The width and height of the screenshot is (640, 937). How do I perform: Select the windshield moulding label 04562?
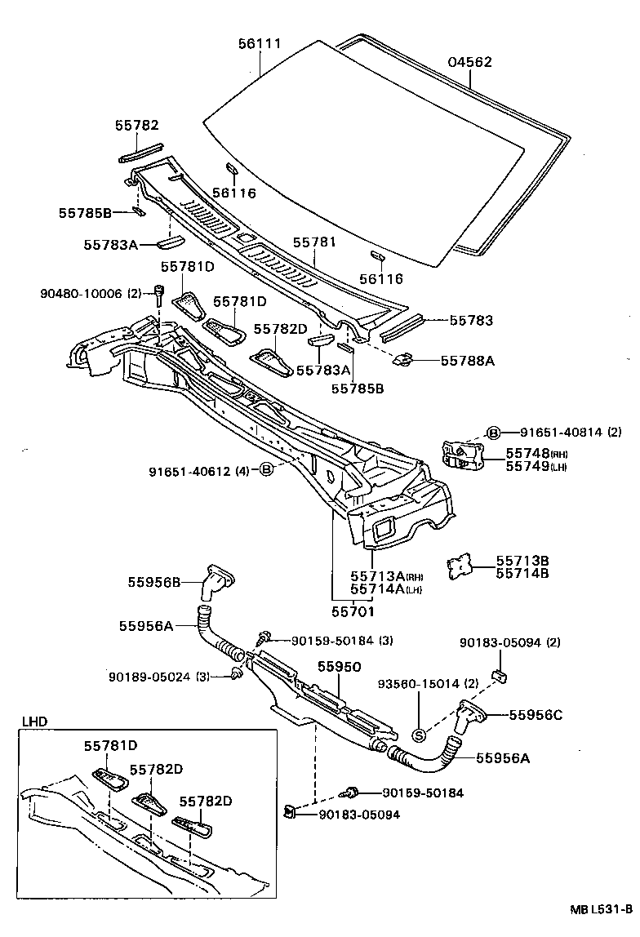pyautogui.click(x=470, y=63)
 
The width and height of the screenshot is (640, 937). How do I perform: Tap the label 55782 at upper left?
pyautogui.click(x=136, y=125)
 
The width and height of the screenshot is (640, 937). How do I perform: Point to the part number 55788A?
pyautogui.click(x=468, y=359)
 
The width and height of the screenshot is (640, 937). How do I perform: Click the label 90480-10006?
pyautogui.click(x=80, y=292)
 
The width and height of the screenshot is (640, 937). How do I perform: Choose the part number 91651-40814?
pyautogui.click(x=549, y=433)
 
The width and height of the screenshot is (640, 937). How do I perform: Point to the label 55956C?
pyautogui.click(x=536, y=714)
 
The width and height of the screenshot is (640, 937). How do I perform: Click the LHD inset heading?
pyautogui.click(x=35, y=721)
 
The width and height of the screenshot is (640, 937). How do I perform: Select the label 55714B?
pyautogui.click(x=522, y=574)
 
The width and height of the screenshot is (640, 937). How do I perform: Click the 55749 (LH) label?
pyautogui.click(x=535, y=466)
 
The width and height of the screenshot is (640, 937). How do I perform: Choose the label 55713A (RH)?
pyautogui.click(x=386, y=575)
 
